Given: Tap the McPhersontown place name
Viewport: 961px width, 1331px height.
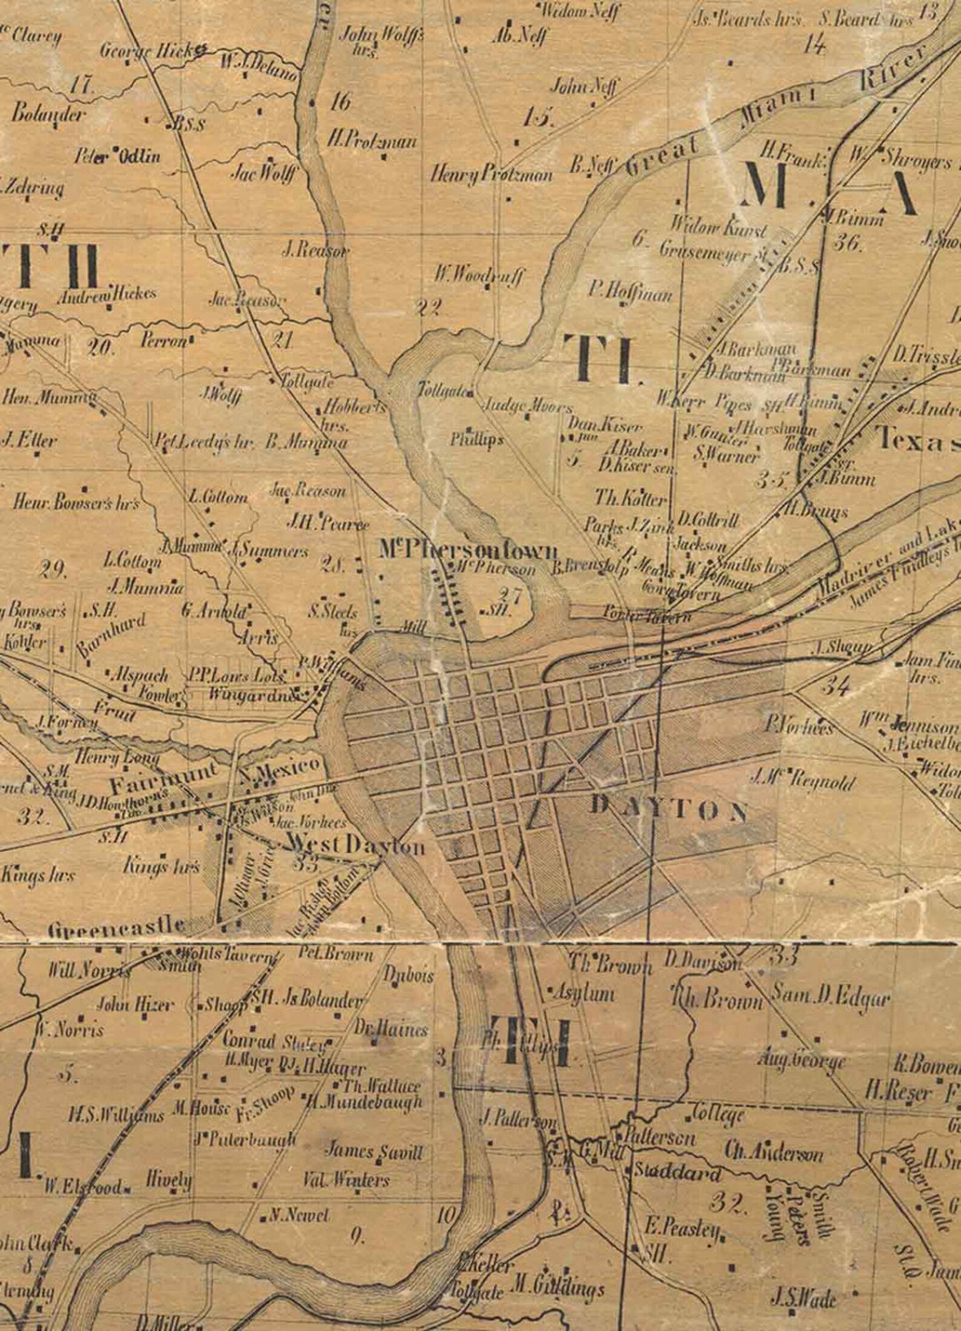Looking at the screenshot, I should (x=467, y=550).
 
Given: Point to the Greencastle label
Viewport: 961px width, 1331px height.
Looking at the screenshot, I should (x=117, y=925).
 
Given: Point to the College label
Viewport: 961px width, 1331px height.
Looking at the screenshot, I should (x=718, y=1112).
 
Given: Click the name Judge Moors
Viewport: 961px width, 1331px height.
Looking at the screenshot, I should (x=526, y=406).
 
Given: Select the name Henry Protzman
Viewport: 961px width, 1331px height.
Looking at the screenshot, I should (x=491, y=175).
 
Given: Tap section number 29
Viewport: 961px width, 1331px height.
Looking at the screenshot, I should (x=54, y=570).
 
